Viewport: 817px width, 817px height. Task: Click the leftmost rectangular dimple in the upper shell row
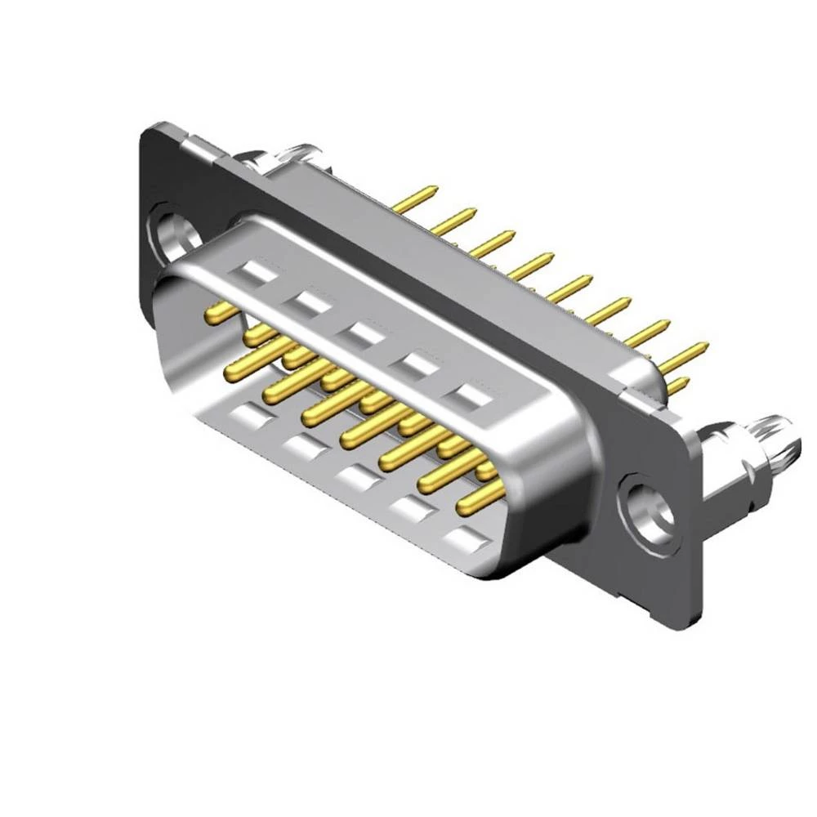pos(257,271)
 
